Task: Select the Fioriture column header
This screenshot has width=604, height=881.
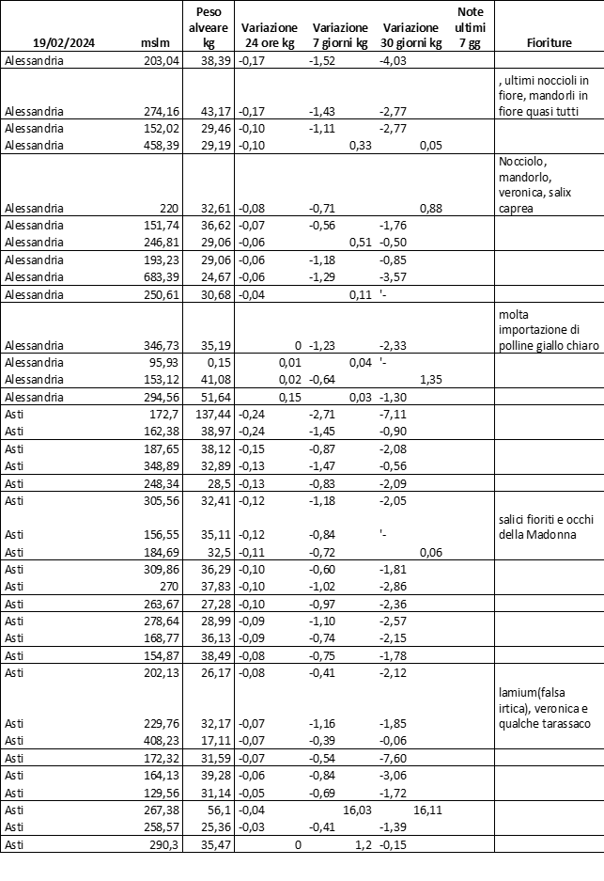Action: click(x=550, y=43)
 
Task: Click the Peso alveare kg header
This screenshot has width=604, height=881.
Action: click(x=209, y=27)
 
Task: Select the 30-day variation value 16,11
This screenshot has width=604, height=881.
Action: click(x=427, y=810)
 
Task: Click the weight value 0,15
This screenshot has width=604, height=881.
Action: click(x=219, y=362)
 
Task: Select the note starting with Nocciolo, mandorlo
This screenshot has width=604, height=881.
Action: click(x=543, y=183)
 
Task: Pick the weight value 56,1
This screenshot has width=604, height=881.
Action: click(x=217, y=810)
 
